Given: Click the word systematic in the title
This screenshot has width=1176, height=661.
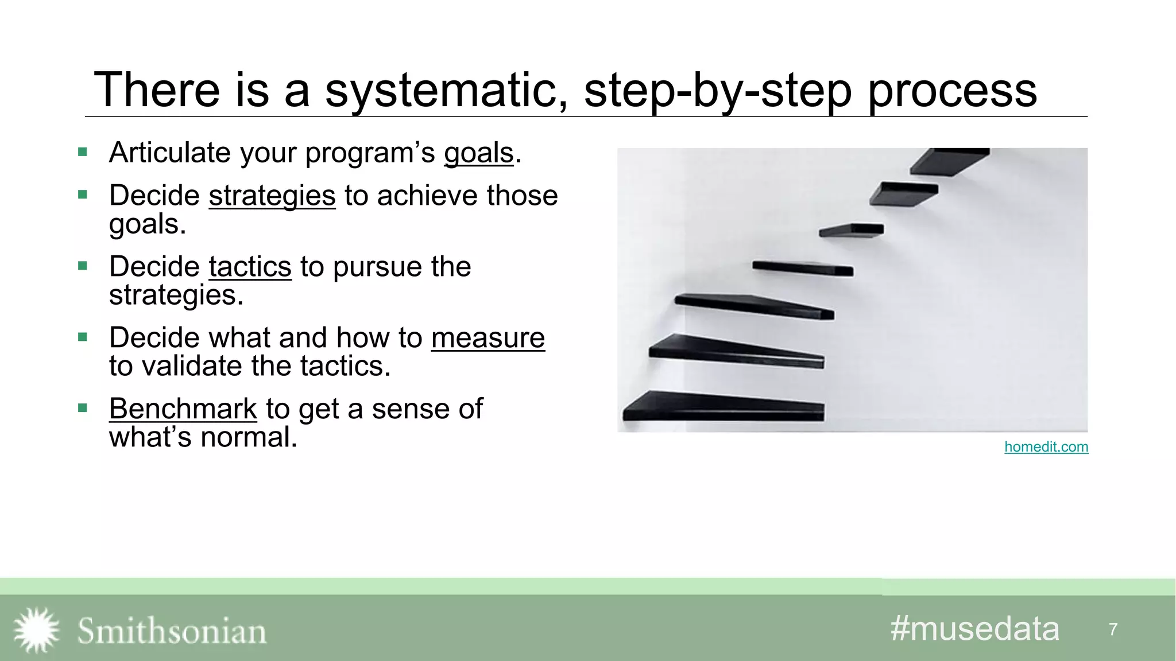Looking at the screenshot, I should tap(446, 90).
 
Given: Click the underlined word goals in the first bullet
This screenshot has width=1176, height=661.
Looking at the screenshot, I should tap(478, 153).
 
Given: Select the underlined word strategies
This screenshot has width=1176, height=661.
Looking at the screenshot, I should tap(272, 196).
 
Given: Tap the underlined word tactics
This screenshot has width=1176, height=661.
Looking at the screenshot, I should tap(250, 267).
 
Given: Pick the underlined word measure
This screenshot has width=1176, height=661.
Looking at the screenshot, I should tap(488, 337).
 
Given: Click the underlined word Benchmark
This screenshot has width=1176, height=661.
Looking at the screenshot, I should tap(183, 409).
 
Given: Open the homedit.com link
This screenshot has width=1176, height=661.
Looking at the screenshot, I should tap(1046, 447).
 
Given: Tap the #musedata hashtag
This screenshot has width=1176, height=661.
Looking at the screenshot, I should tap(974, 629).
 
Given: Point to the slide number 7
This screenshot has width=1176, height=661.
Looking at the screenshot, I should tap(1113, 629).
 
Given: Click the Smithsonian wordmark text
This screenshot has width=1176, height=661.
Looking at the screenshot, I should tap(172, 631).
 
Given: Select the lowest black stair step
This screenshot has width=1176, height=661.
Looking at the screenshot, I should tap(724, 407).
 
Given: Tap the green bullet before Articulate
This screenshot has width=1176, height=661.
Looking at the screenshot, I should tap(83, 152).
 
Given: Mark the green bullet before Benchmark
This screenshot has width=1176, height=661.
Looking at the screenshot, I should tap(83, 408).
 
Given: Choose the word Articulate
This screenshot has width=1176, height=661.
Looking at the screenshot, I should tap(170, 153).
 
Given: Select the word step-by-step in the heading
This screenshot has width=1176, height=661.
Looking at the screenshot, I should tap(718, 90).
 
